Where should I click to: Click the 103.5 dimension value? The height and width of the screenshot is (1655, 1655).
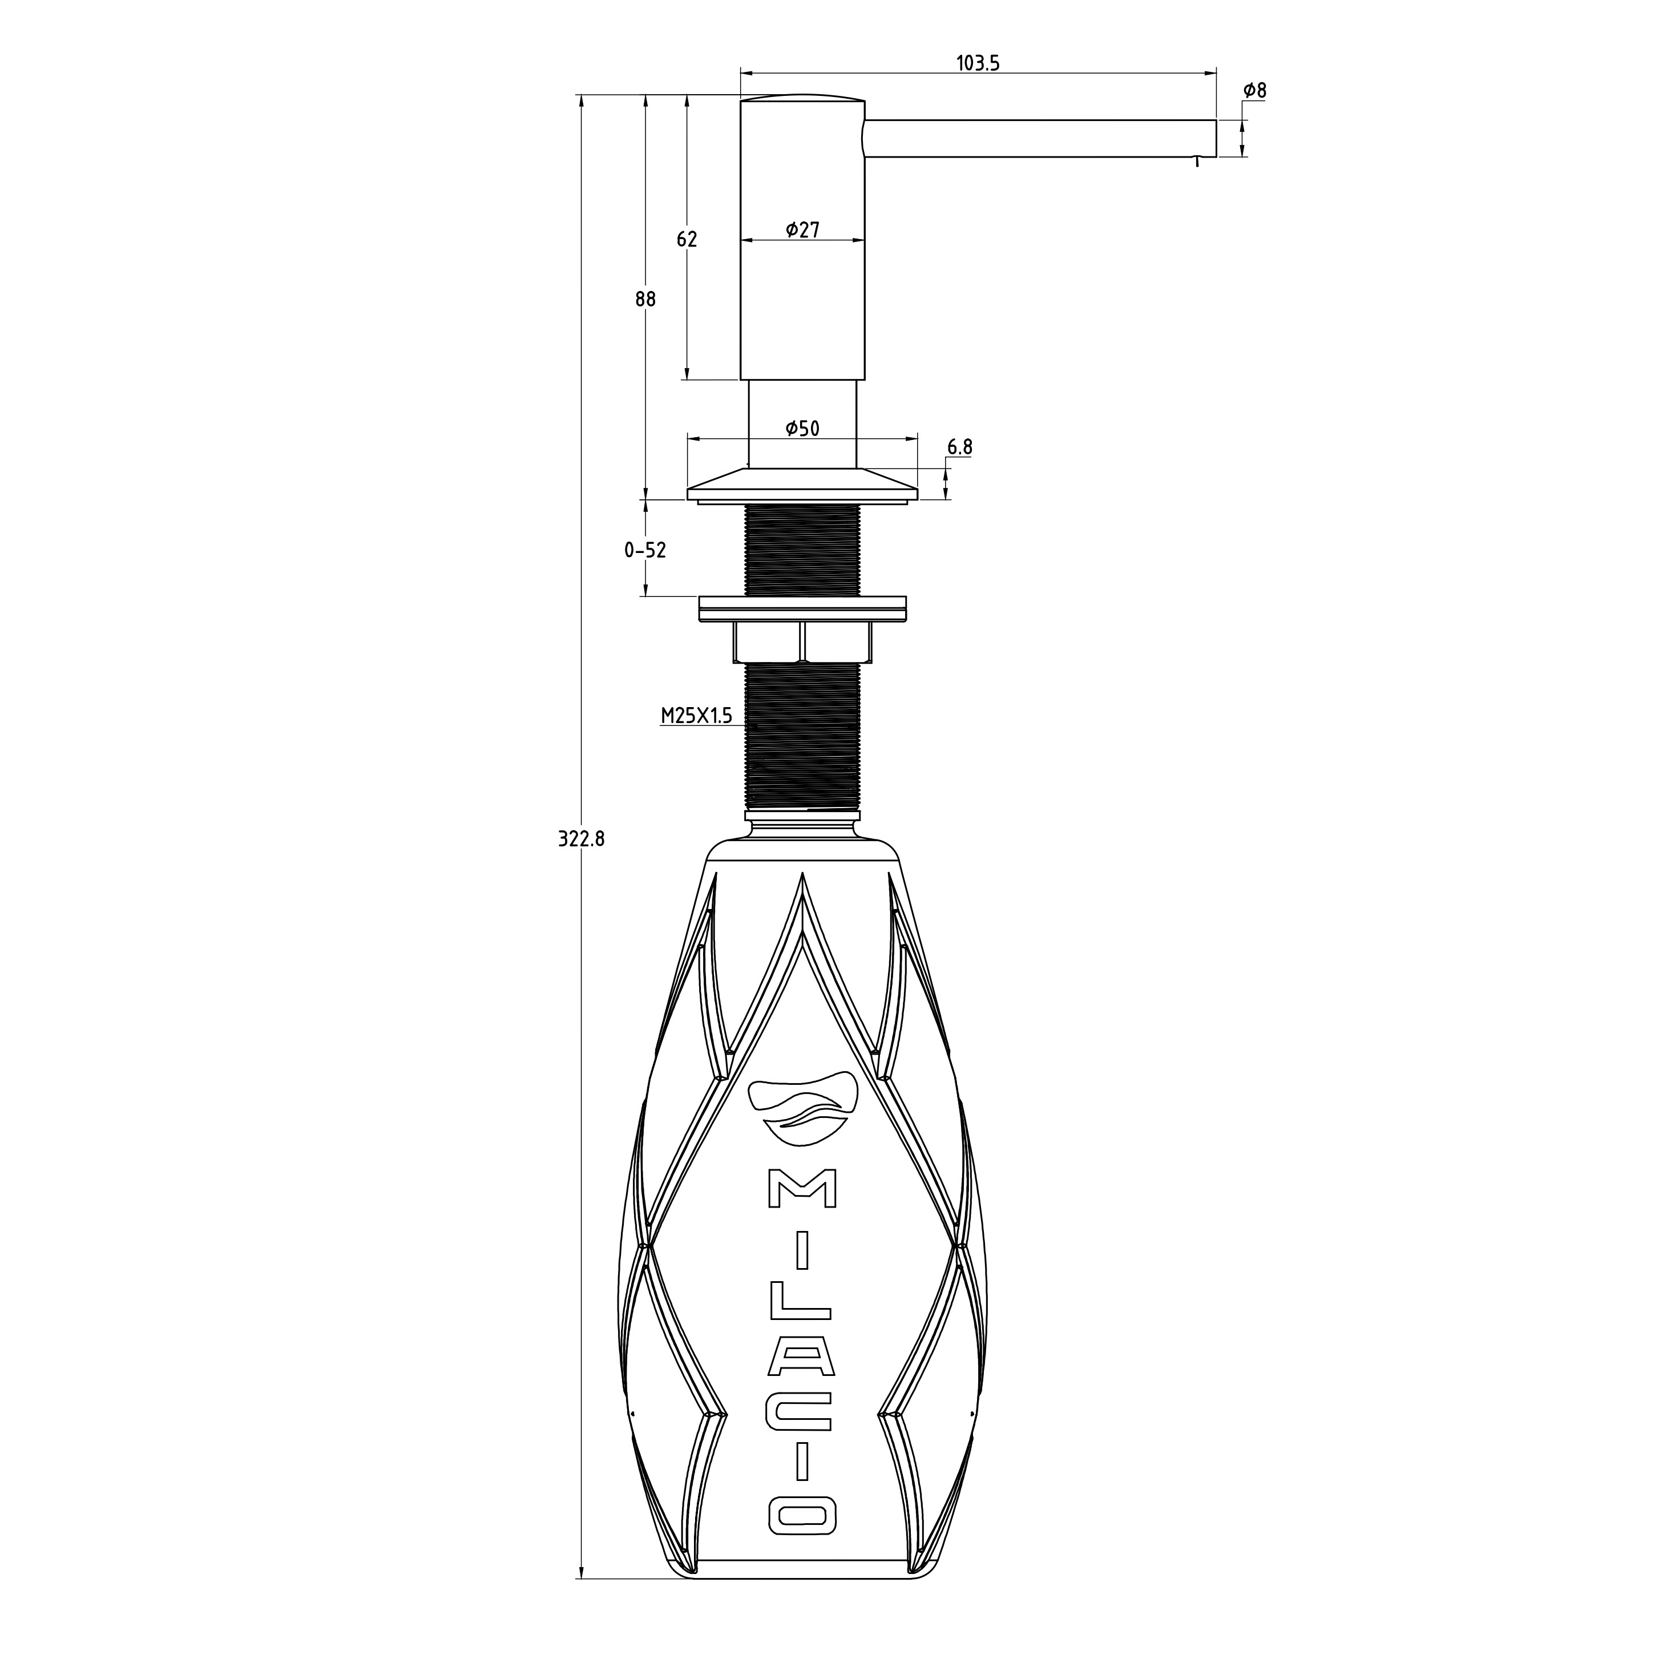click(x=978, y=63)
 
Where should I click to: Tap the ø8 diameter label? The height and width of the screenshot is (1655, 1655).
click(x=1255, y=90)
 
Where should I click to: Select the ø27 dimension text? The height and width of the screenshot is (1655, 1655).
click(x=802, y=229)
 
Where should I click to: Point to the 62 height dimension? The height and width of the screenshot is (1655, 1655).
click(x=687, y=240)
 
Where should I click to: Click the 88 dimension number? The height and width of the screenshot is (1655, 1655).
click(x=646, y=299)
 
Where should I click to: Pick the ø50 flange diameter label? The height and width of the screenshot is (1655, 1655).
click(x=802, y=429)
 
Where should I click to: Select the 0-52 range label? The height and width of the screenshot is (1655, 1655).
click(x=645, y=550)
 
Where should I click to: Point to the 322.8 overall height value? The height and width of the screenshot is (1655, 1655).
click(x=582, y=839)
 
